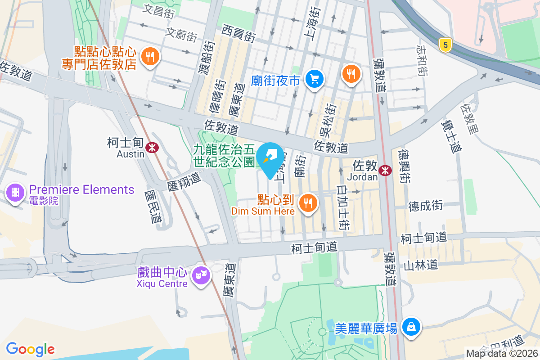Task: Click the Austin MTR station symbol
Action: (x=153, y=146)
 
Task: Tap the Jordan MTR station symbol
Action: (x=385, y=170)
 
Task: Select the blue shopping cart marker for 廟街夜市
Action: (x=314, y=79)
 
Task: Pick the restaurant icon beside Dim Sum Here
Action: (x=308, y=203)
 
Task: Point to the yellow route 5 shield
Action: (x=445, y=45)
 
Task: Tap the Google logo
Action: (x=30, y=349)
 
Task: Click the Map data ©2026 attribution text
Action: (x=502, y=353)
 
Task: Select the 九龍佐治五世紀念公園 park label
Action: (x=224, y=155)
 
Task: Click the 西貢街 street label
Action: (x=239, y=31)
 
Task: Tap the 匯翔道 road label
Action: (x=183, y=182)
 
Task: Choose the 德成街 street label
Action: (x=426, y=206)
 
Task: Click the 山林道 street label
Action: (x=420, y=265)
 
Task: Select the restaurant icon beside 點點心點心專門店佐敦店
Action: (x=148, y=57)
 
